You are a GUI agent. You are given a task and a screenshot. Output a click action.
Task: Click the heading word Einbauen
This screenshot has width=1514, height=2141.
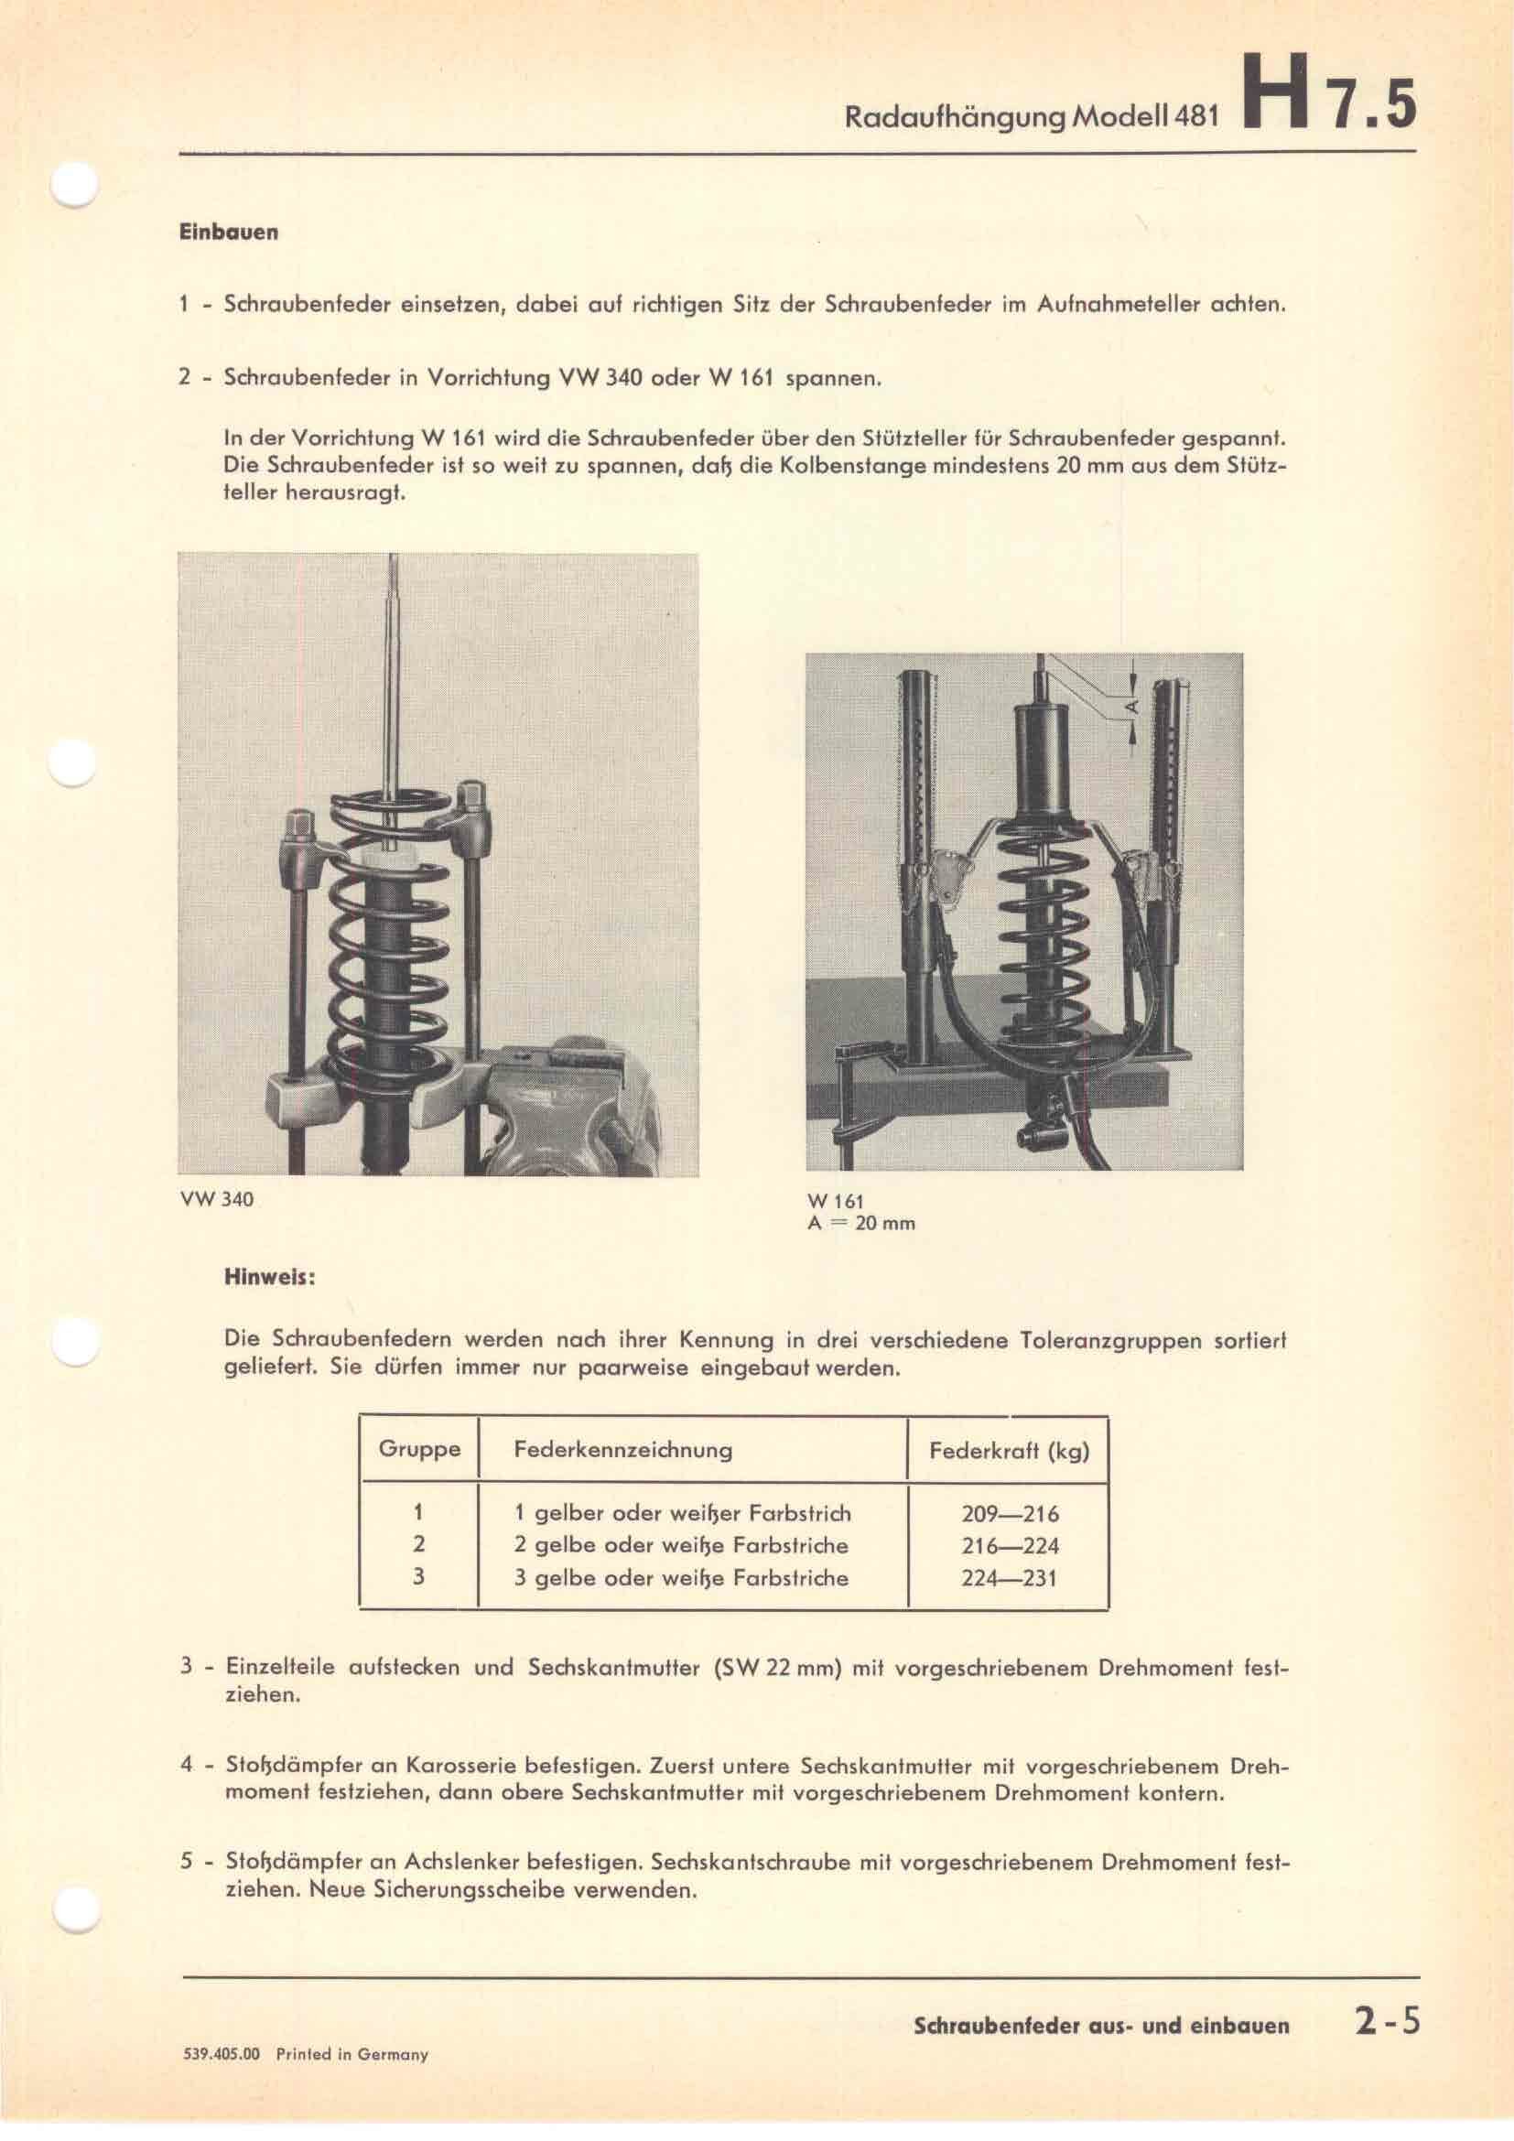[229, 232]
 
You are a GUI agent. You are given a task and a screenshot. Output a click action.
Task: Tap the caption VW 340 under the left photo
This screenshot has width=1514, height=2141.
[214, 1200]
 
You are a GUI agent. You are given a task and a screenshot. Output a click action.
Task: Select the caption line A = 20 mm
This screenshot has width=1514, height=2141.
[860, 1224]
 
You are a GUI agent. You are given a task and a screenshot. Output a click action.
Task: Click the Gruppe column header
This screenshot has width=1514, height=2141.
[418, 1450]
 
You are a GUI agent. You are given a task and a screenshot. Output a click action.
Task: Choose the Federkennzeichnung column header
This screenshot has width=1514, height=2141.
[622, 1450]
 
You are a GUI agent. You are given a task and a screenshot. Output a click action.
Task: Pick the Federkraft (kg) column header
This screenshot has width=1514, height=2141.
[1009, 1451]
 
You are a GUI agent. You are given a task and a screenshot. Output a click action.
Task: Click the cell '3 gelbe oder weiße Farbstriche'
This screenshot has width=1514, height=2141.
[680, 1579]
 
